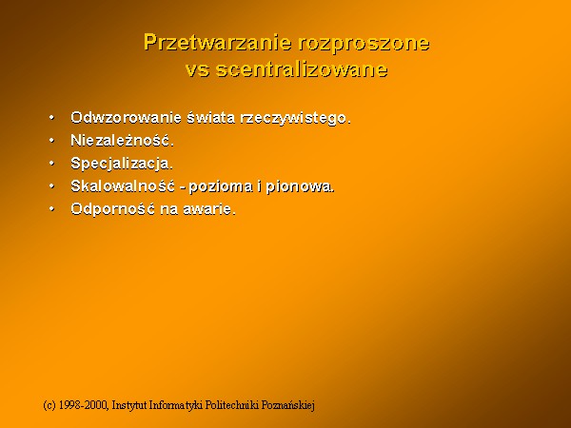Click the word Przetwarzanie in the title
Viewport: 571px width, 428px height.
point(217,43)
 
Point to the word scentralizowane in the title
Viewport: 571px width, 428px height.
point(302,68)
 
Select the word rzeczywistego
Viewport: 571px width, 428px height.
point(295,119)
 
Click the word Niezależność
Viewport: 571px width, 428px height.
point(123,140)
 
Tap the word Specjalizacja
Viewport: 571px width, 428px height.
point(122,164)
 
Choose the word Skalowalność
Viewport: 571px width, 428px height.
point(123,186)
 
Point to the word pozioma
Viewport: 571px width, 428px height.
point(221,187)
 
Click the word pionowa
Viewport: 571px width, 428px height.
point(300,187)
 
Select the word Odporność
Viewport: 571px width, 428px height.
point(113,209)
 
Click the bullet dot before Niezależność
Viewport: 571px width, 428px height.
point(51,140)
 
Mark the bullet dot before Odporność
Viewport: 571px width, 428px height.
point(51,209)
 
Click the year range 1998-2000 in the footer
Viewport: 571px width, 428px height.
point(84,405)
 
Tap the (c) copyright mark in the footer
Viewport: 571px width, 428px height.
point(49,405)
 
